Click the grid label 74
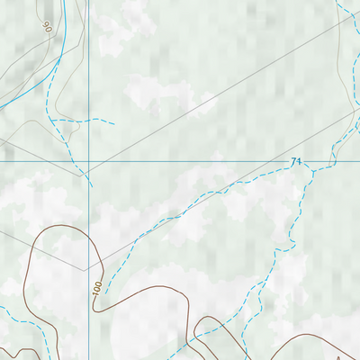[295, 162]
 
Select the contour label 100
[96, 290]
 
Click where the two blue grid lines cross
[89, 163]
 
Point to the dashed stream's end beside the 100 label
[105, 292]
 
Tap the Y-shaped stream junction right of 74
[308, 167]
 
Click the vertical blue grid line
[89, 72]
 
